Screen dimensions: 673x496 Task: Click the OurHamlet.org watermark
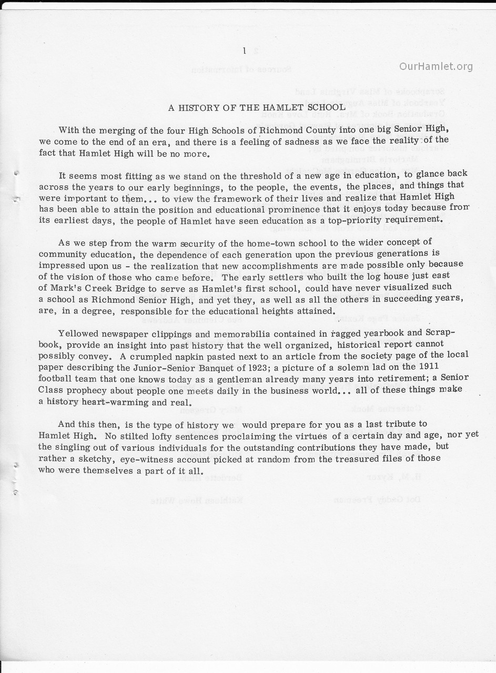(436, 66)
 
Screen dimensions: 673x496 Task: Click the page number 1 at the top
(244, 50)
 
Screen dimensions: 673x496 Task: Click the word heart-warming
(106, 402)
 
